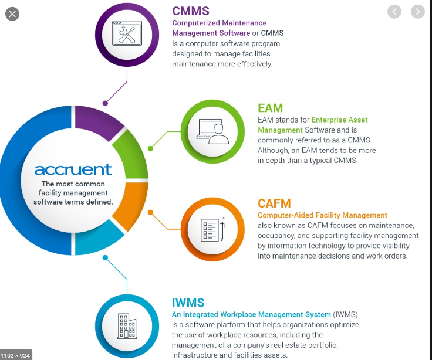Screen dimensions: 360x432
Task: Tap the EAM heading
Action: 270,108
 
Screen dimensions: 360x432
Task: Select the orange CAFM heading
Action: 274,203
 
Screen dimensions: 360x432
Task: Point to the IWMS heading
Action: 188,303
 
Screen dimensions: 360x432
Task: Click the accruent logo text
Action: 73,169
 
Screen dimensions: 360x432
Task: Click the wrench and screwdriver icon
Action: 128,33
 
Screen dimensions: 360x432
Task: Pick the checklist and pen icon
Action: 212,229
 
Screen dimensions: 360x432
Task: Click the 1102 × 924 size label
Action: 15,355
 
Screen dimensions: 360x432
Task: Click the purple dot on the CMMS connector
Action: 105,102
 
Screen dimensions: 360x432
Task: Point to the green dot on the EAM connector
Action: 150,149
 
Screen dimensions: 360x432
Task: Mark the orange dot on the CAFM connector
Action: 150,212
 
